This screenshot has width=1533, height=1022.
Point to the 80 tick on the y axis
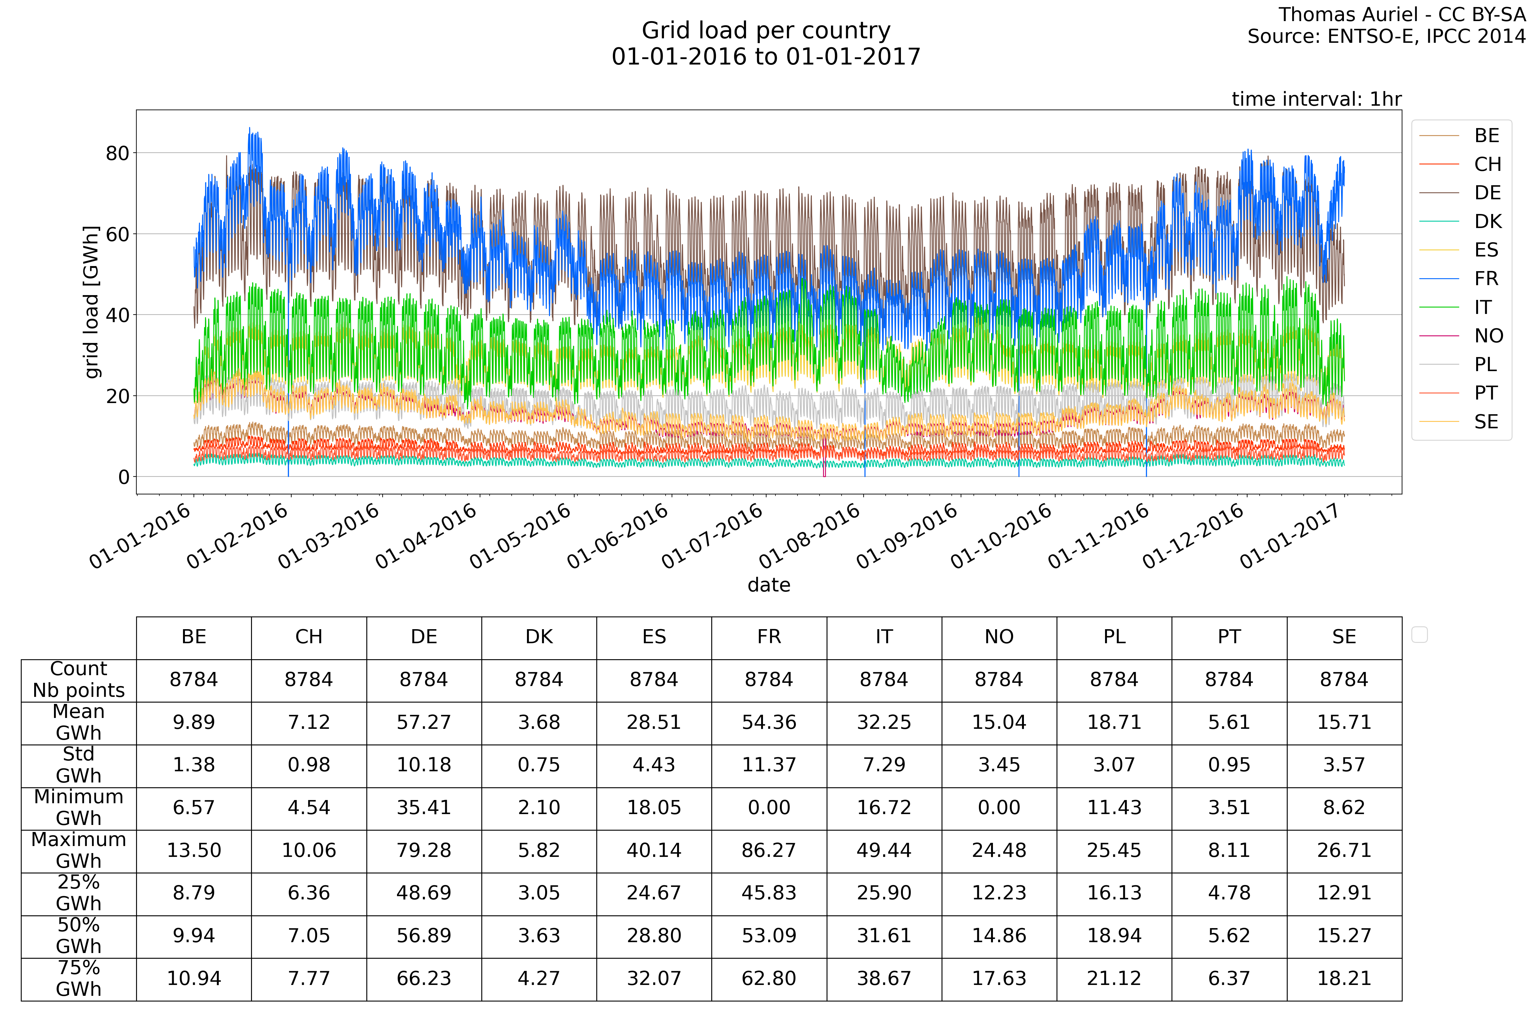(x=117, y=153)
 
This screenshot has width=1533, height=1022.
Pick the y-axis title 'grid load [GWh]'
(x=92, y=302)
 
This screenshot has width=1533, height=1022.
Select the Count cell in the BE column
(x=194, y=680)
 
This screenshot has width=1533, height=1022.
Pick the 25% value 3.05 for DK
(x=539, y=893)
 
